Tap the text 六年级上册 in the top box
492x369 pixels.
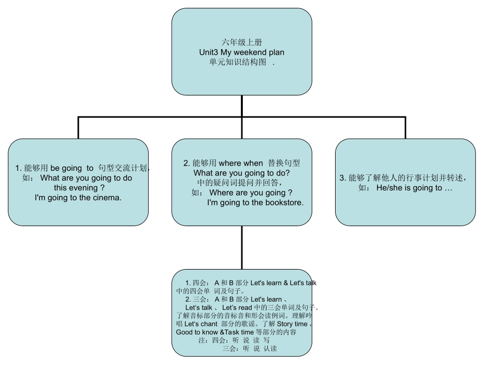241,43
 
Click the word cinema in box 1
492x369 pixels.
108,197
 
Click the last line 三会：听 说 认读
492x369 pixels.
250,349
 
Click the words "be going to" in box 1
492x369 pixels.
72,168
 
